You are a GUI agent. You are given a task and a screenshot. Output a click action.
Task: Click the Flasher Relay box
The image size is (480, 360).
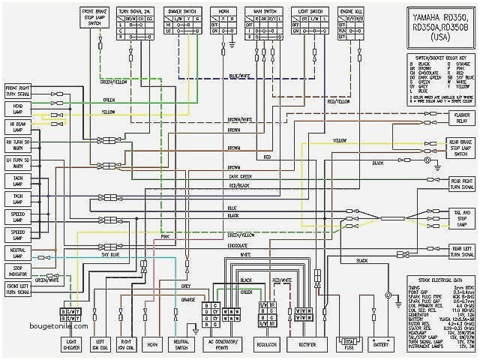(460, 117)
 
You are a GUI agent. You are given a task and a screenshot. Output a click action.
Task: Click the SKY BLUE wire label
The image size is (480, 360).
(110, 255)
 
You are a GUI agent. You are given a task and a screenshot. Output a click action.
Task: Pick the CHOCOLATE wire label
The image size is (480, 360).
(238, 244)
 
